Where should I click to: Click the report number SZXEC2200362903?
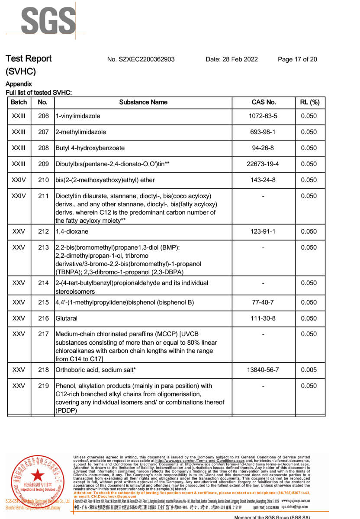tap(141, 59)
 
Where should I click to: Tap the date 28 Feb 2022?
tap(231, 59)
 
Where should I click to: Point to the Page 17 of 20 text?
tap(297, 59)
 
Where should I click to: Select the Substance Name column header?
tap(143, 103)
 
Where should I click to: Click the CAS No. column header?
tap(264, 103)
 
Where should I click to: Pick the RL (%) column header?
tap(309, 103)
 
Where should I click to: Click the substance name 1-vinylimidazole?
tap(78, 116)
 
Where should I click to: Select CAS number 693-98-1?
tap(264, 132)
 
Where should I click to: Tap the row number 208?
tap(43, 148)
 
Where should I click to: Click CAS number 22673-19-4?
tap(264, 164)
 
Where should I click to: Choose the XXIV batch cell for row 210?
tap(19, 180)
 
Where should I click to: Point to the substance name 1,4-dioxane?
tap(72, 231)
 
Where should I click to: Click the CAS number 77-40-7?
tap(264, 302)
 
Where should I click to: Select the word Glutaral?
tap(67, 318)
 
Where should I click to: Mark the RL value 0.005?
tap(309, 370)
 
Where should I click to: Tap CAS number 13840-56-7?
tap(264, 370)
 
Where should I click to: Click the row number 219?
tap(43, 386)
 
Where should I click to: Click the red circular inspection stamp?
tap(37, 481)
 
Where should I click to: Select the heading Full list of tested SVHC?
tap(39, 93)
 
